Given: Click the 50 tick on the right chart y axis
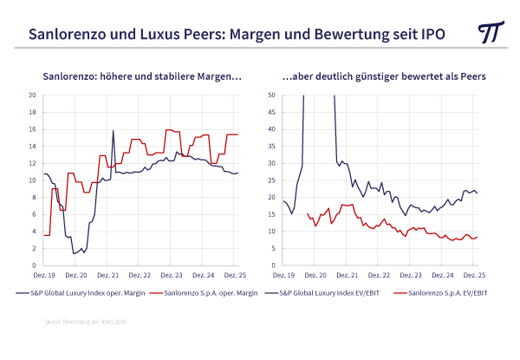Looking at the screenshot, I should (x=271, y=95).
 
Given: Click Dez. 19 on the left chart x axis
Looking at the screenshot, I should (x=44, y=274).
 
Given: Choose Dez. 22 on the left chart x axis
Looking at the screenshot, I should (x=140, y=274).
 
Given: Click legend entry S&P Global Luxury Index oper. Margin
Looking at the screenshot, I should (x=83, y=294).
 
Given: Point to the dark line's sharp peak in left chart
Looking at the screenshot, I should (x=114, y=131).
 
